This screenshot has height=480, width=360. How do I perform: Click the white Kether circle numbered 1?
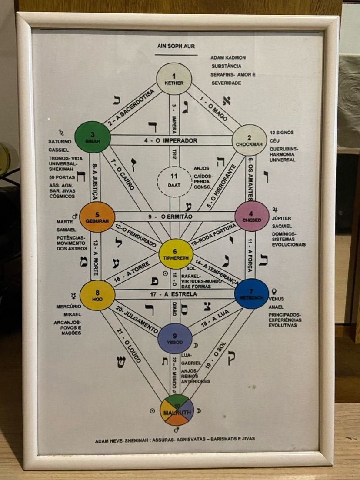[x=174, y=79]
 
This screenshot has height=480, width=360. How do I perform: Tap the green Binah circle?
[x=93, y=137]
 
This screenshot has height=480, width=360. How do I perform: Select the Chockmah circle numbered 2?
[x=249, y=140]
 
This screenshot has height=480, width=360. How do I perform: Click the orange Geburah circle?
[x=97, y=217]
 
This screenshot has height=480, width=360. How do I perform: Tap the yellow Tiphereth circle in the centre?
[x=176, y=253]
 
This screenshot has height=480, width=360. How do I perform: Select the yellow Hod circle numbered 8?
[x=97, y=295]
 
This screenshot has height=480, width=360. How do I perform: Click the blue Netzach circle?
[x=251, y=293]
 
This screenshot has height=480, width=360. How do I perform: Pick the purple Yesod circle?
[x=175, y=338]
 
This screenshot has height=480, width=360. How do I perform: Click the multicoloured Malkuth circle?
[x=177, y=410]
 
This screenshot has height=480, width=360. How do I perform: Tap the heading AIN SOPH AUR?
[x=176, y=45]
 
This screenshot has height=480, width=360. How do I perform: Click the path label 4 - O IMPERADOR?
[x=170, y=141]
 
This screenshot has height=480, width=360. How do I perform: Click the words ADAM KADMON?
[x=228, y=57]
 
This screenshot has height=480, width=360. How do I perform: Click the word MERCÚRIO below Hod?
[x=69, y=307]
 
